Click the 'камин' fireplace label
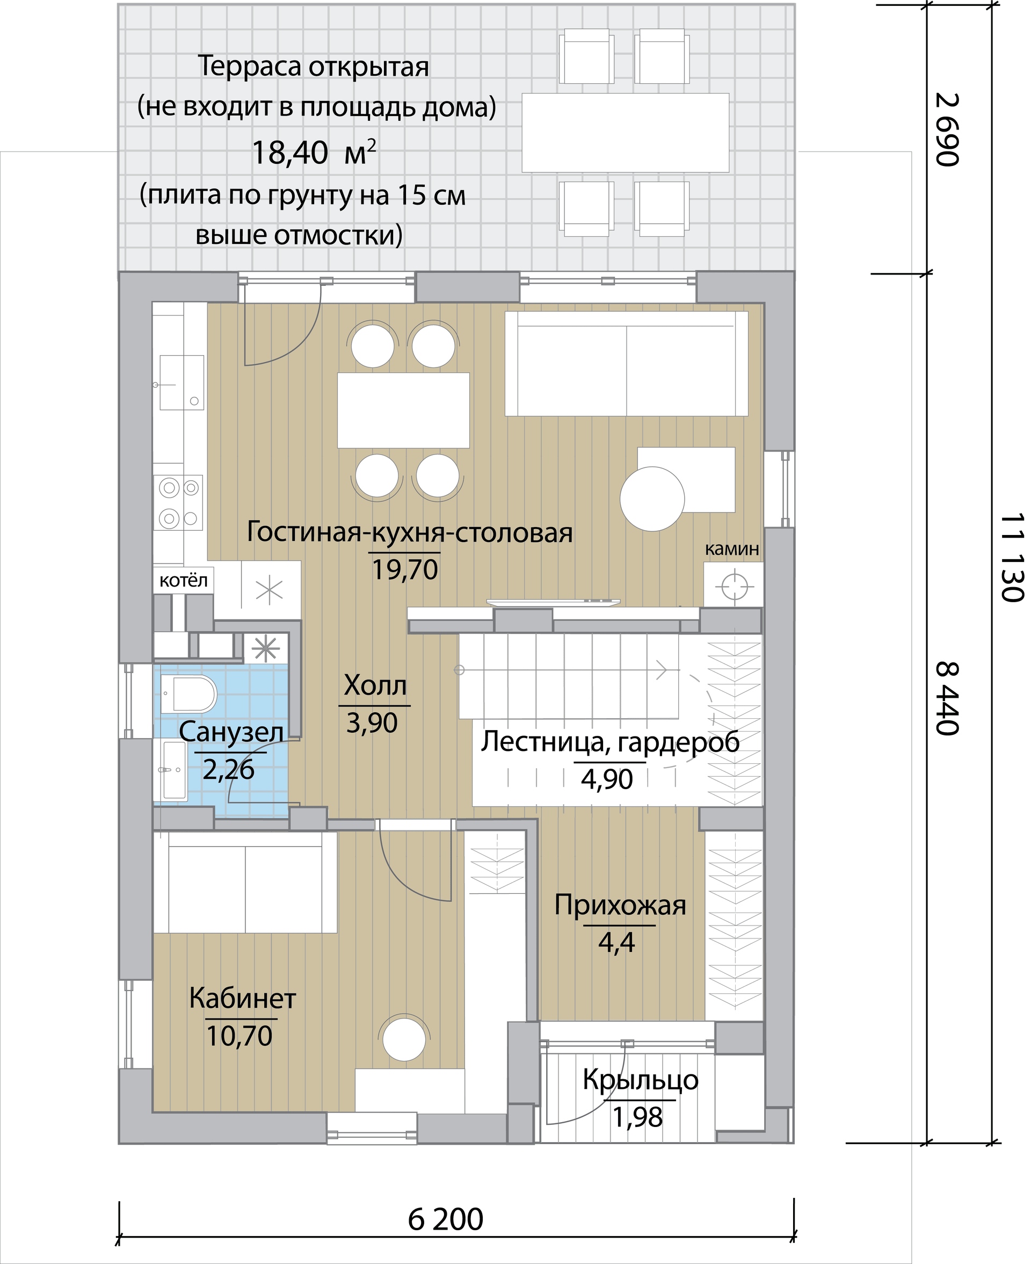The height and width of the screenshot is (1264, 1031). tap(732, 550)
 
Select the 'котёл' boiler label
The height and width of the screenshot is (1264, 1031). tap(184, 580)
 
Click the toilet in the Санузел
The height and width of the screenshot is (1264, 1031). tap(190, 694)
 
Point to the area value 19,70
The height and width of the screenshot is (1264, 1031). tap(405, 569)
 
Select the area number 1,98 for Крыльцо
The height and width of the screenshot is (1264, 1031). tap(637, 1117)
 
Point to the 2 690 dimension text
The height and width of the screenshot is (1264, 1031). tap(947, 129)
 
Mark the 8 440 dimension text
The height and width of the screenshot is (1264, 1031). tap(947, 698)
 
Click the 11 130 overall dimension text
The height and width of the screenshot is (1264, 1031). tap(1013, 557)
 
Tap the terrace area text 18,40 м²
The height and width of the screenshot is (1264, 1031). tap(314, 152)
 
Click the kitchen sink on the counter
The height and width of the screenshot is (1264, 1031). tap(181, 382)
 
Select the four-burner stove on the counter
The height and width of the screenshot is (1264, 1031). tap(178, 502)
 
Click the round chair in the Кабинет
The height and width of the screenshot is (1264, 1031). tap(404, 1039)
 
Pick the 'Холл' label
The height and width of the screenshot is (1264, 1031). tap(375, 685)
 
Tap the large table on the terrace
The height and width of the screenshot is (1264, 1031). tap(626, 133)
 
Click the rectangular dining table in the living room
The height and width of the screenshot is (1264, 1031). tap(403, 410)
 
